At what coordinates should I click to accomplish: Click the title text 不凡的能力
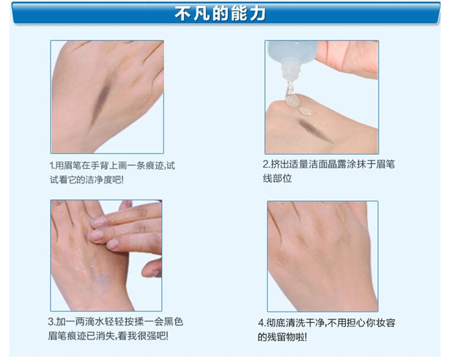(220, 13)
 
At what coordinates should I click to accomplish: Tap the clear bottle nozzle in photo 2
(289, 69)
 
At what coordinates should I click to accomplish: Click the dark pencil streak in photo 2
(315, 130)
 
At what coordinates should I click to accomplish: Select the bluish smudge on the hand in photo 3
(101, 282)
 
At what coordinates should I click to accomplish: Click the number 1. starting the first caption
(52, 166)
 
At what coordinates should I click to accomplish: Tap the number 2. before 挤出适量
(266, 164)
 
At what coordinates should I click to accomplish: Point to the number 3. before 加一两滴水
(52, 322)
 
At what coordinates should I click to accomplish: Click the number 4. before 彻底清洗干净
(262, 323)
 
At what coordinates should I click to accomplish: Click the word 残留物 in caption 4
(281, 336)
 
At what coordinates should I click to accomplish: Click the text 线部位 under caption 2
(277, 178)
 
